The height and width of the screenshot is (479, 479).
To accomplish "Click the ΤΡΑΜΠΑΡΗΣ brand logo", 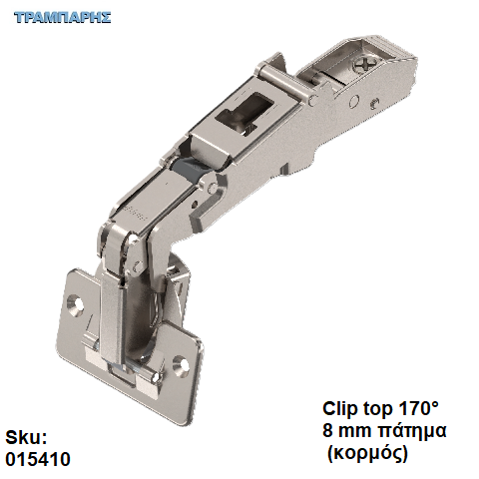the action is [x=62, y=17].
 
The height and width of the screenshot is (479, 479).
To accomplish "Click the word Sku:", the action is [x=26, y=437].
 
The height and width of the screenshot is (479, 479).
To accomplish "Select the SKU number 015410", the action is [x=38, y=459].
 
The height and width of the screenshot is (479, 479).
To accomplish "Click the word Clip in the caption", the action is [x=339, y=408].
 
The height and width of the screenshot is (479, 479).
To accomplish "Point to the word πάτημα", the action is [x=413, y=431].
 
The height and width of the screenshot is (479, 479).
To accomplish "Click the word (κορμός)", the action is [x=367, y=453].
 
